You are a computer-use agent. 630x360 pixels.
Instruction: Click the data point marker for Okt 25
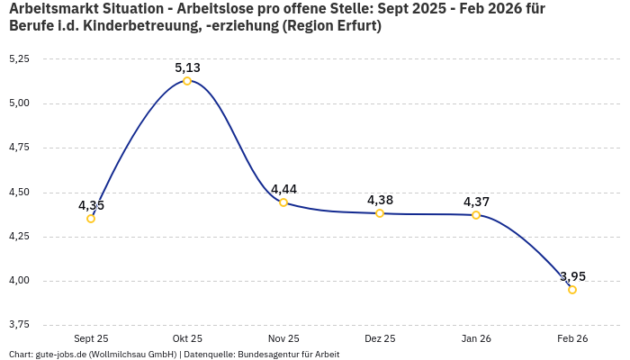[187, 81]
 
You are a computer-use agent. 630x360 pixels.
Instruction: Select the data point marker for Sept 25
[91, 219]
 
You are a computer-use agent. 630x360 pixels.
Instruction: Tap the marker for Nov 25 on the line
[283, 202]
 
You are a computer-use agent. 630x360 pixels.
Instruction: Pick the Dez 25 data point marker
[380, 213]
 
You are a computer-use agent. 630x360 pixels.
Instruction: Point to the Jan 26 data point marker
[476, 215]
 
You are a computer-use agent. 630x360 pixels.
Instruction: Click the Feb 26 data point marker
[572, 290]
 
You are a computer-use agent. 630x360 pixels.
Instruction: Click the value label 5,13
[187, 67]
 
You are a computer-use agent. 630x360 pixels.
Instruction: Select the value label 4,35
[91, 205]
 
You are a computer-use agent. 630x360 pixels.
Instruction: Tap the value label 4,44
[283, 189]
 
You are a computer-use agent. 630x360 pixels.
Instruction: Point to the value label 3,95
[572, 276]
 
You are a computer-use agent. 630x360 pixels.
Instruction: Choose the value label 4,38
[380, 200]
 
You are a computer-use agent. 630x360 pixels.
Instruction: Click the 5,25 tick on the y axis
[18, 58]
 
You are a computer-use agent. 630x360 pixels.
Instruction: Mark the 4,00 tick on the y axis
[18, 281]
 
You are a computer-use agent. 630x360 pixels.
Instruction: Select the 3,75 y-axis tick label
[18, 325]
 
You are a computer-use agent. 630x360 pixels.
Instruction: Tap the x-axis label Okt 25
[187, 338]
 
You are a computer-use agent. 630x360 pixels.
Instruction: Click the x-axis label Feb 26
[572, 338]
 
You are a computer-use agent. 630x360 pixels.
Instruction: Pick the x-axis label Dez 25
[380, 338]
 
